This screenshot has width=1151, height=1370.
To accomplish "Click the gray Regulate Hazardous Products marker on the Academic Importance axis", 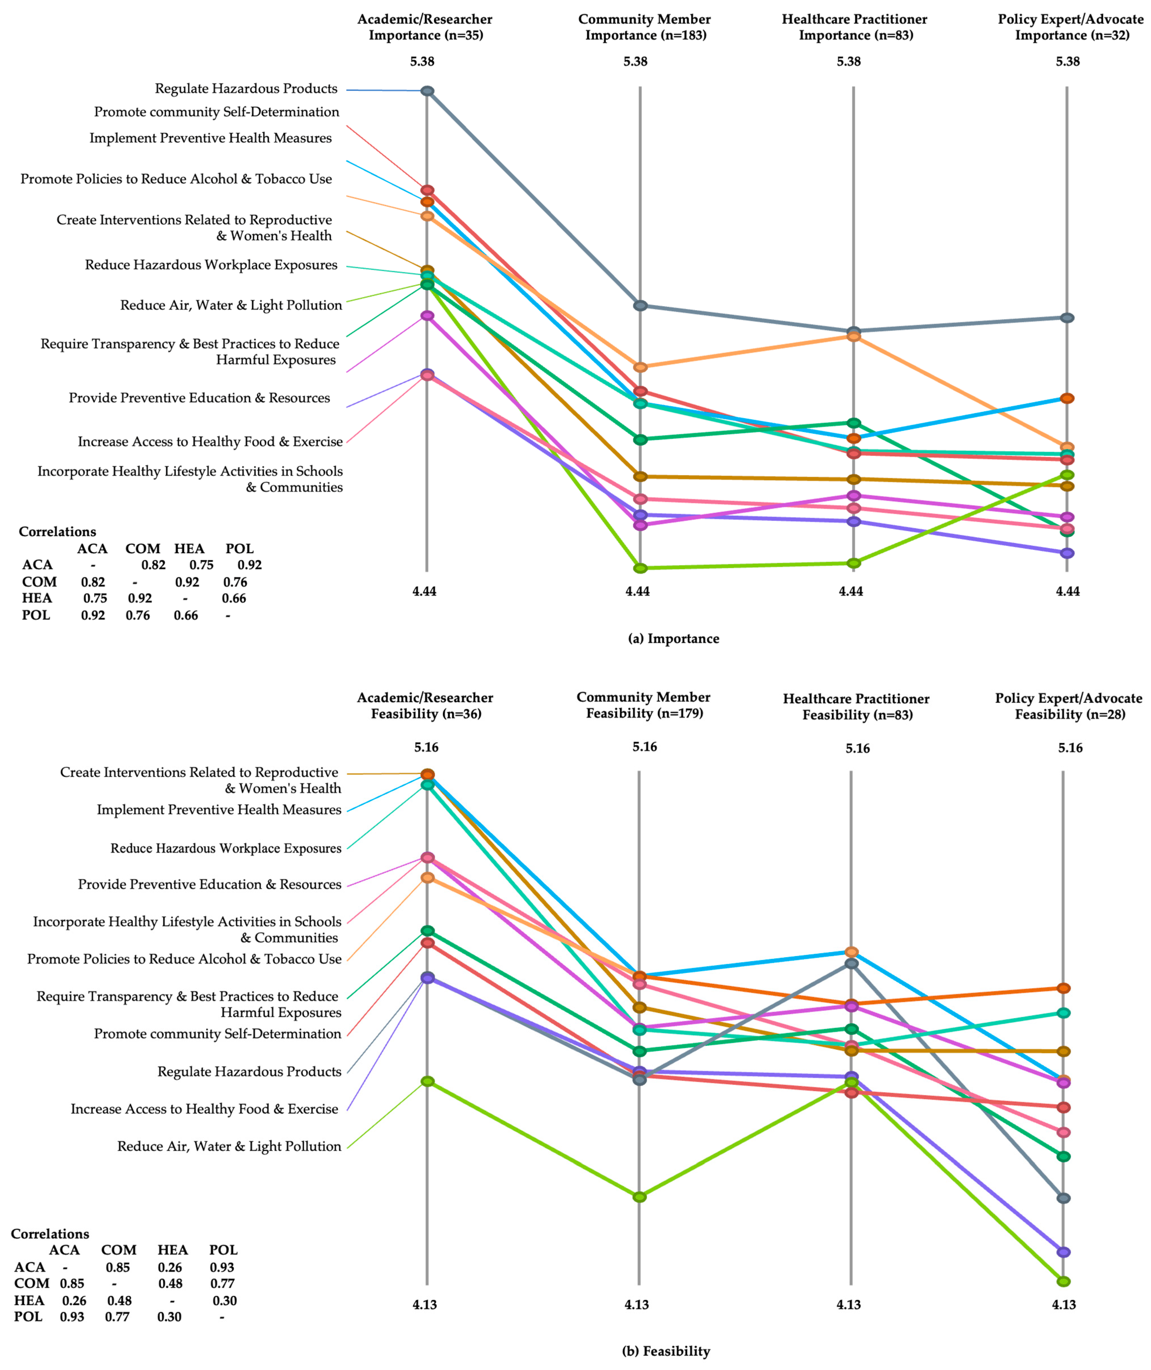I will pyautogui.click(x=427, y=91).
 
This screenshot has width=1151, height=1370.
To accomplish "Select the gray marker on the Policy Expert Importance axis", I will pyautogui.click(x=1067, y=318).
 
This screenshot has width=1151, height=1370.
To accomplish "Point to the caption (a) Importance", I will pyautogui.click(x=673, y=639).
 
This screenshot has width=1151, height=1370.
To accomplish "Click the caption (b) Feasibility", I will pyautogui.click(x=666, y=1351).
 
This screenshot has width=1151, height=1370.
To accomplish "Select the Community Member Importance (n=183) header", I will pyautogui.click(x=645, y=27).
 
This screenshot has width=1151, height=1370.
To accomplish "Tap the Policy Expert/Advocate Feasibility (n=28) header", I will pyautogui.click(x=1069, y=706).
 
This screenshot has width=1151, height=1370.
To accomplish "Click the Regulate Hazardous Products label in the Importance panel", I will pyautogui.click(x=246, y=89).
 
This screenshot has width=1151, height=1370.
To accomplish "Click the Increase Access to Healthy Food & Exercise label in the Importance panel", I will pyautogui.click(x=210, y=442).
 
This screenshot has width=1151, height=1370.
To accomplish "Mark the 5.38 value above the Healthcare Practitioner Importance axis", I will pyautogui.click(x=849, y=61).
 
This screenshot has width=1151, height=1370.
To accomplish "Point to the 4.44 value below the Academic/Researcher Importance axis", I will pyautogui.click(x=424, y=591).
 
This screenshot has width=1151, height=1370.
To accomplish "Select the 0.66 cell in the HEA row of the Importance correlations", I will pyautogui.click(x=234, y=598).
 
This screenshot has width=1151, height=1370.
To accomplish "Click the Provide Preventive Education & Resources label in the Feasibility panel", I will pyautogui.click(x=209, y=885).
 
